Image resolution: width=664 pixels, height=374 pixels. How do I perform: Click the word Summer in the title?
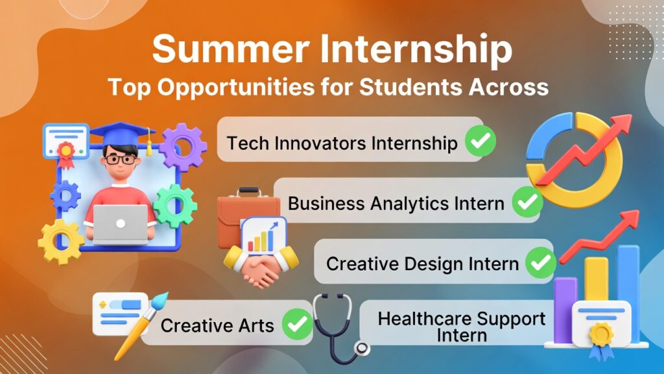(231, 49)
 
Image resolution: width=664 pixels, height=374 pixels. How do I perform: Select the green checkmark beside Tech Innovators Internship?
(480, 141)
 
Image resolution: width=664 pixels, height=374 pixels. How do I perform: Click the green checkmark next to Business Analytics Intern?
(527, 202)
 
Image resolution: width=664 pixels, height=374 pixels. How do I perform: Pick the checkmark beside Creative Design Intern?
(541, 263)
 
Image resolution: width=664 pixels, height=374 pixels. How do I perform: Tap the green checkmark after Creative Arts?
(297, 324)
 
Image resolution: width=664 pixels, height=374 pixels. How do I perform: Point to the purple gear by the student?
(183, 147)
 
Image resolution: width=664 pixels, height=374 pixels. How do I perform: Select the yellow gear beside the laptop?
(60, 242)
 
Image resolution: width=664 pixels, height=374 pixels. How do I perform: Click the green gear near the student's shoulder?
(175, 206)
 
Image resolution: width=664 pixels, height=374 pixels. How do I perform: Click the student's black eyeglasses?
(121, 160)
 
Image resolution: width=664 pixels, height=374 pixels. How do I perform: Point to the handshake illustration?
(261, 267)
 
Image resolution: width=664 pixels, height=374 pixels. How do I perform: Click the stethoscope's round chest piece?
(362, 349)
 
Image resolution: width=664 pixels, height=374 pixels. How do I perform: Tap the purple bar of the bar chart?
(565, 310)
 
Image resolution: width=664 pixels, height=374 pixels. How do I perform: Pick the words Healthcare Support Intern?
(462, 327)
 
